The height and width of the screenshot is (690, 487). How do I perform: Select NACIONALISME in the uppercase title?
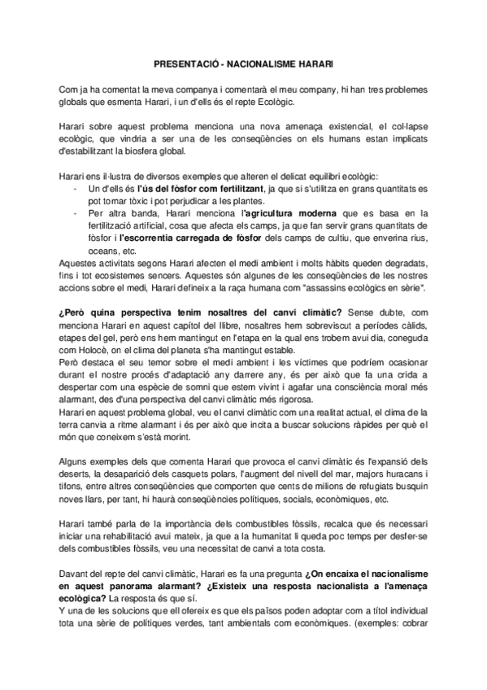pos(265,62)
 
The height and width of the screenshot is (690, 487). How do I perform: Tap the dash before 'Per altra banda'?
pos(75,212)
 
